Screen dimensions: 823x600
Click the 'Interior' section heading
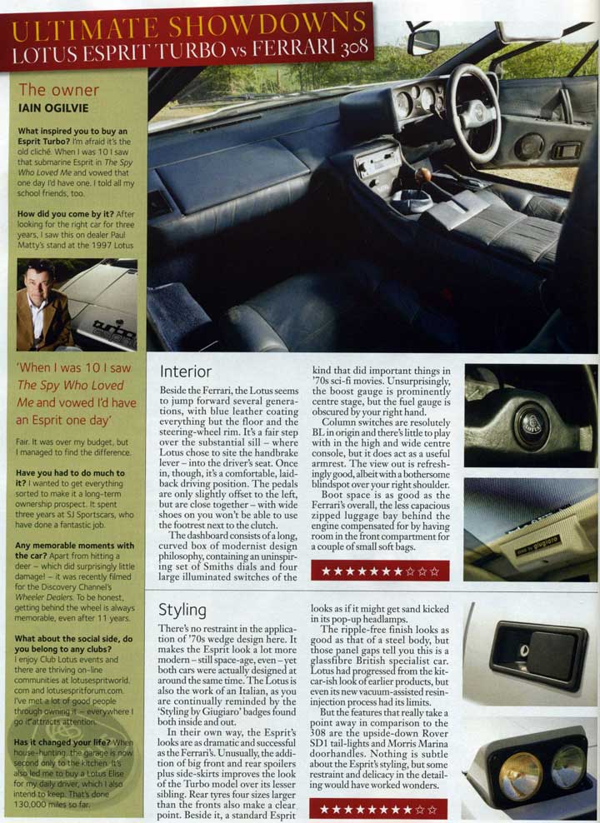click(185, 372)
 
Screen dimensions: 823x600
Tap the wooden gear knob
click(424, 176)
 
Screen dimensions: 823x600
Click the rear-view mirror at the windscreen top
click(424, 39)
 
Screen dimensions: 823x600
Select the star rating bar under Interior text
click(379, 571)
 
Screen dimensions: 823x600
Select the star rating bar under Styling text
click(378, 808)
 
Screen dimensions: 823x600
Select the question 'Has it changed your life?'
click(63, 741)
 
